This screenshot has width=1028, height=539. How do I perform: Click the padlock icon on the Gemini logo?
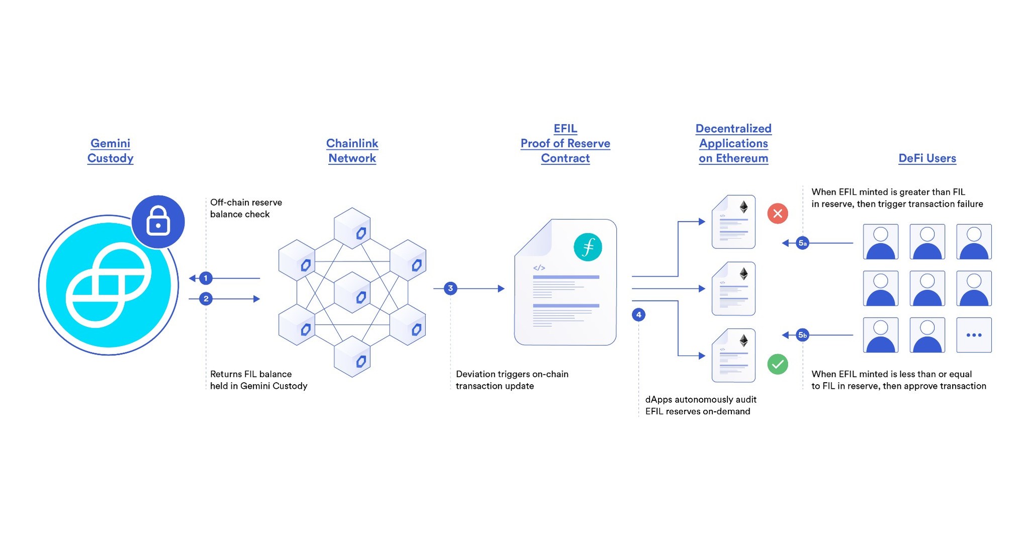(x=158, y=221)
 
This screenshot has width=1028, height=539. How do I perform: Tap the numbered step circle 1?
(x=206, y=278)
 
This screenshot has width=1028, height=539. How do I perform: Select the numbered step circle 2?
(x=206, y=299)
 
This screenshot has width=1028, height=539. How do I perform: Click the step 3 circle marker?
(x=450, y=289)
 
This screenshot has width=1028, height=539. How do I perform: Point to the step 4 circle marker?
(x=638, y=315)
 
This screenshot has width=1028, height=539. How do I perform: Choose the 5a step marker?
(x=803, y=243)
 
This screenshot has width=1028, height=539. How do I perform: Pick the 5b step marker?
(x=803, y=335)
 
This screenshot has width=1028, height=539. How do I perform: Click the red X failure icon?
(x=778, y=214)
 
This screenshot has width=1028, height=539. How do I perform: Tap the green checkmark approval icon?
(x=778, y=364)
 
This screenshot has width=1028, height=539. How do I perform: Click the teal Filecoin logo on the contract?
(x=588, y=247)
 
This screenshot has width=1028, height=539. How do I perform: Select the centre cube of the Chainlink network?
(x=352, y=293)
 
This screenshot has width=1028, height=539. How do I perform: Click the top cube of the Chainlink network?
(x=352, y=229)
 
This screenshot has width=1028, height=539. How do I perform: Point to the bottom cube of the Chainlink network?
(x=352, y=357)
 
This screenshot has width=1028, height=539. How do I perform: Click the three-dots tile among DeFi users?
(x=974, y=335)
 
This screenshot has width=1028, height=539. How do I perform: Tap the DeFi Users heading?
(x=927, y=158)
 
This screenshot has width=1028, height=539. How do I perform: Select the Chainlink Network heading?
(x=352, y=151)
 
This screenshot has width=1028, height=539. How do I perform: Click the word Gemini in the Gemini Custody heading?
(x=110, y=143)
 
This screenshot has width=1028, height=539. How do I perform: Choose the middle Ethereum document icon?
(x=733, y=289)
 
